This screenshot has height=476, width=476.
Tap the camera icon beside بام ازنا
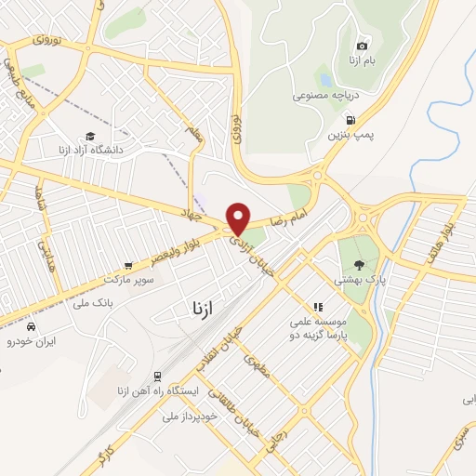[x=363, y=46]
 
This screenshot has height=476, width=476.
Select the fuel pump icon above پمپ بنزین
[x=350, y=119]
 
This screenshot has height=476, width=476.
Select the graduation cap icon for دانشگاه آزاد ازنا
[x=90, y=135]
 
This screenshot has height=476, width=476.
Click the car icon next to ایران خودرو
[x=32, y=328]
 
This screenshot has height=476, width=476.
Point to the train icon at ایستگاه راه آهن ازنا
[x=158, y=376]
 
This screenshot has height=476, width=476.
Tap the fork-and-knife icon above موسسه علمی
[x=317, y=306]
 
